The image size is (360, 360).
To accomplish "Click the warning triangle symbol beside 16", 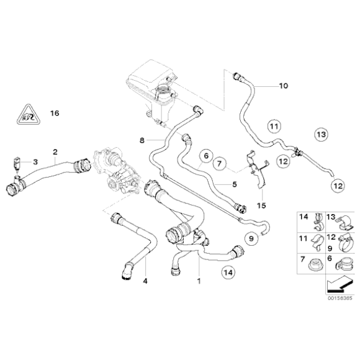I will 25,114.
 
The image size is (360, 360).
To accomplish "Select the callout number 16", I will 54,114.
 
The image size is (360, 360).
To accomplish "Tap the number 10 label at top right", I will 284,86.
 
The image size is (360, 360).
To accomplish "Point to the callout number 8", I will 142,141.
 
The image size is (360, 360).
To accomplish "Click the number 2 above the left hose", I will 55,151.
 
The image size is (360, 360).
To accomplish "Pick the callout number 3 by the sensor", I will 35,162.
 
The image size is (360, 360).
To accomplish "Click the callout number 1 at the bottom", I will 199,281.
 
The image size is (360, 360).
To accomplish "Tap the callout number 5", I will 234,184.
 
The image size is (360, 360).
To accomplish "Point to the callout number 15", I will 261,205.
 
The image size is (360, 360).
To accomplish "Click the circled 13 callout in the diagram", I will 320,133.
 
